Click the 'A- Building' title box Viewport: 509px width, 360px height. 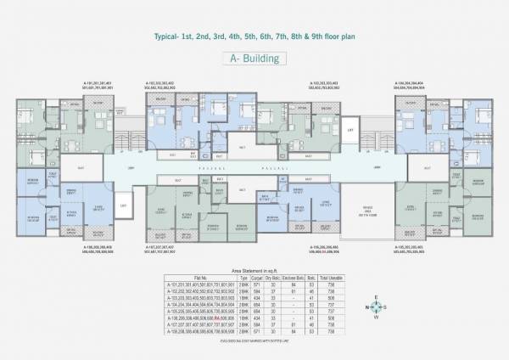[254, 58]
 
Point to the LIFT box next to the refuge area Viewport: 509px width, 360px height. [350, 130]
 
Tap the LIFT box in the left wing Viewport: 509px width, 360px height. [124, 205]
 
